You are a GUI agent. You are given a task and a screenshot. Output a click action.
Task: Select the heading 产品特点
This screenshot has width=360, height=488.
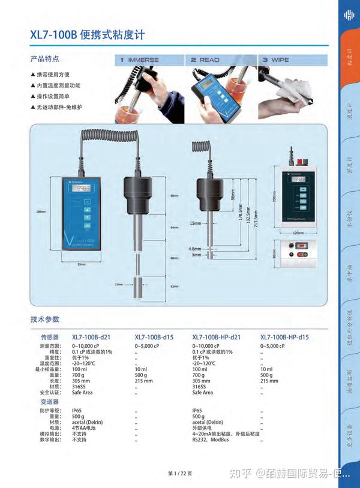pos(45,59)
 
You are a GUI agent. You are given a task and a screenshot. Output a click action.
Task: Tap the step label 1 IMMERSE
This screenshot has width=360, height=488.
pos(139,60)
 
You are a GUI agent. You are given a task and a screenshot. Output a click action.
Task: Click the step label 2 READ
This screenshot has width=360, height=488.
pos(205,60)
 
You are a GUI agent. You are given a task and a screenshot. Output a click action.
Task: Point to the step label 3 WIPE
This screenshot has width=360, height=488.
pos(275,60)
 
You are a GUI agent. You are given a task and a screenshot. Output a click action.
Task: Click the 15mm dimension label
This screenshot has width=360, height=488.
pos(196,223)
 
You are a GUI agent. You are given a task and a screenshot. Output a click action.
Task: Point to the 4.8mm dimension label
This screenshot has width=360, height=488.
pos(195,248)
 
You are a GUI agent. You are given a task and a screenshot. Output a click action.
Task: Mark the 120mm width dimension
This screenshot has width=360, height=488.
pos(298,233)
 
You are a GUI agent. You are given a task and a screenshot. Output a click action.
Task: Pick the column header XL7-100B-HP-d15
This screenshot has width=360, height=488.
pos(285,337)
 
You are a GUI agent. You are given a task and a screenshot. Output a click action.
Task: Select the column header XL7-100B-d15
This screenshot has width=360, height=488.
pos(154,337)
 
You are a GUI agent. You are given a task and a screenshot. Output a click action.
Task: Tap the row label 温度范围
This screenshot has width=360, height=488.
pos(50,363)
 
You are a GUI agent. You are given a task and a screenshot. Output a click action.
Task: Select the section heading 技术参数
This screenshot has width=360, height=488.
pos(45,319)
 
